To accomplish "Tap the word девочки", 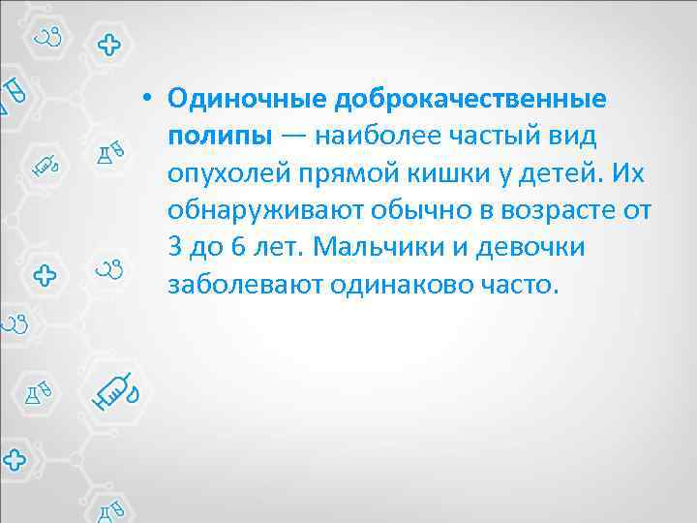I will pos(537,246).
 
